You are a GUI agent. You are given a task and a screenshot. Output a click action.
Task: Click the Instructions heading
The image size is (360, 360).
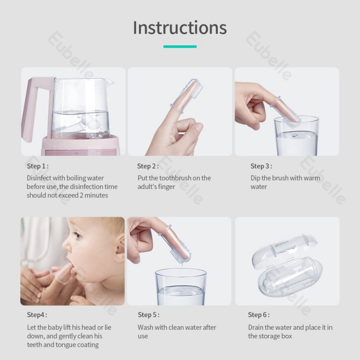click(x=180, y=28)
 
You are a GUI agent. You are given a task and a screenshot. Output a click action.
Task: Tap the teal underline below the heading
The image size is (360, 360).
click(x=180, y=46)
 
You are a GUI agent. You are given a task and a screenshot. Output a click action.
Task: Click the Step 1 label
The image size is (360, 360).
click(x=38, y=166)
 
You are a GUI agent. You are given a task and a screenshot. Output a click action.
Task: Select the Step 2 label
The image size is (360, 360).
click(x=148, y=166)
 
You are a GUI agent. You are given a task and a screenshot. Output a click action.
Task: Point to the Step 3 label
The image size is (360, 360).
click(x=261, y=166)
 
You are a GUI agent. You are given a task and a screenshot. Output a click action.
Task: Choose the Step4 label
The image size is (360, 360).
click(x=37, y=315)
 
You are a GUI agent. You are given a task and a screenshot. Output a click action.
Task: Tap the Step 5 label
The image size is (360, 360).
click(x=148, y=315)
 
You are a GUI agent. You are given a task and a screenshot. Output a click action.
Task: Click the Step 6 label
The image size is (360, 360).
click(x=259, y=315)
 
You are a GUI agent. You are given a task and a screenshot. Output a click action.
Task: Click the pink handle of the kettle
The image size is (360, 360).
click(x=31, y=108)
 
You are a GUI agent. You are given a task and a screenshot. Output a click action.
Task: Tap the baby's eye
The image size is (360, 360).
click(x=77, y=235)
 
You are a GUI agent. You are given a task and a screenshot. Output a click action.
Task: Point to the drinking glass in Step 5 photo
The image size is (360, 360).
click(x=181, y=287)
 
